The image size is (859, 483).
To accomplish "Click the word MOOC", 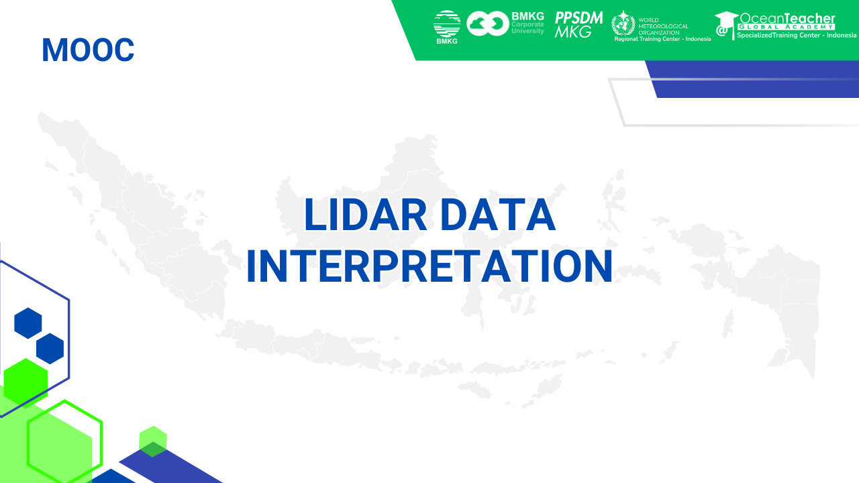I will (x=88, y=50).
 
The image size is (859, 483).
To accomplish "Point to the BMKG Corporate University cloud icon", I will (x=488, y=24).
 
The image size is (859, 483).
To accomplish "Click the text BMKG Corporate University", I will (x=527, y=23).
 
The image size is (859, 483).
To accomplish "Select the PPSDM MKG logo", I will (x=578, y=25).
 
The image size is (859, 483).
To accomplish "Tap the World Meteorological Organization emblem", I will (x=623, y=23).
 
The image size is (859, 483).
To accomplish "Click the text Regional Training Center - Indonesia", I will (x=662, y=39).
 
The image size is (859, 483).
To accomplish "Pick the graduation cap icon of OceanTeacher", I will (x=726, y=23).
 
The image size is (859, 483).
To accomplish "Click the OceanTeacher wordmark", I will (x=787, y=19).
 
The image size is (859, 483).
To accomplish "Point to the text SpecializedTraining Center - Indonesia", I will (x=797, y=36).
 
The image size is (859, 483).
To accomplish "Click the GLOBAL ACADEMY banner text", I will (x=787, y=27).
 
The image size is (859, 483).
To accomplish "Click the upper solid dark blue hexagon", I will (x=28, y=323).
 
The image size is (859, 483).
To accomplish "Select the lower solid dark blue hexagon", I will (x=50, y=349).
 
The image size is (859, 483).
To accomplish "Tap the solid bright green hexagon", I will (x=26, y=382).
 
